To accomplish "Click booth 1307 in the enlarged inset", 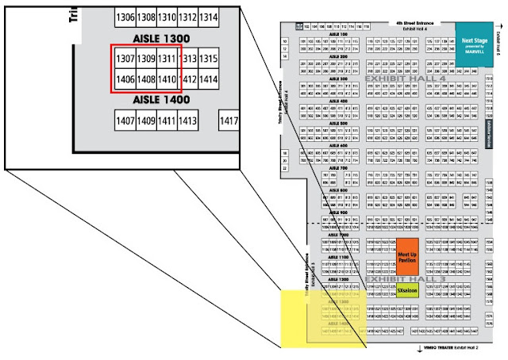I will click(x=125, y=59).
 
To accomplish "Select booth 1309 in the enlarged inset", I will click(x=146, y=59).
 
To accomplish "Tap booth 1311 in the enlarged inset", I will click(x=167, y=59).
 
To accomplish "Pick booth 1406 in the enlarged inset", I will click(x=125, y=79).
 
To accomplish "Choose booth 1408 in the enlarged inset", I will click(x=146, y=79).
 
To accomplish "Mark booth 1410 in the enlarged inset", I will click(x=167, y=79).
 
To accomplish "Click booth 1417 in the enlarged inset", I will click(x=229, y=121).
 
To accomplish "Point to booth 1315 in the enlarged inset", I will click(x=209, y=59).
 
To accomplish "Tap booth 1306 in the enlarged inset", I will click(x=125, y=17).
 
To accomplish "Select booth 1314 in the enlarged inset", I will click(x=209, y=17).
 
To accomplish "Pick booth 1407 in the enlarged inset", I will click(x=125, y=121).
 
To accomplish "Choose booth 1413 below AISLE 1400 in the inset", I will click(x=187, y=121).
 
